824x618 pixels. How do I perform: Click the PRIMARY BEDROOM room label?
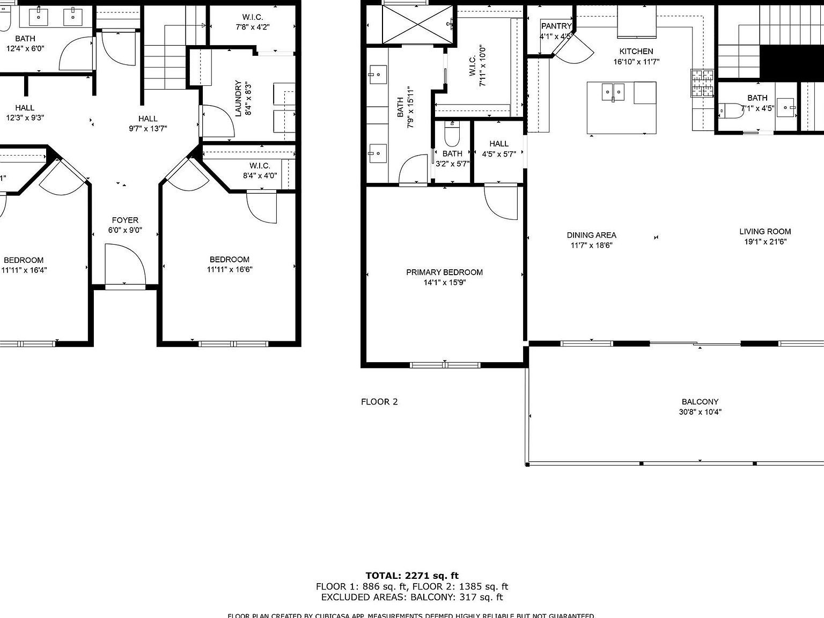coord(444,272)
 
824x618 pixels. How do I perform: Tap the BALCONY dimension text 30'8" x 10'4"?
coord(700,412)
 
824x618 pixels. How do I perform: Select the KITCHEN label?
coord(636,51)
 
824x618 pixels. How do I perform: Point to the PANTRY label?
coord(556,26)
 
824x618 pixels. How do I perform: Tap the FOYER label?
coord(125,220)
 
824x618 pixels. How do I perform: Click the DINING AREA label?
coord(591,235)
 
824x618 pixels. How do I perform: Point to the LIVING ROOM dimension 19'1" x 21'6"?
coord(765,241)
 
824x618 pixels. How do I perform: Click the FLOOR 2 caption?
coord(379,402)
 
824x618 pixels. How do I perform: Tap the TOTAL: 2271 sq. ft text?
coord(412,576)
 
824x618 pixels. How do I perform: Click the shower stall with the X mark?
coord(417,24)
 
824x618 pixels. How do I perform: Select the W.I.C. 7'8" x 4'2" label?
coord(252,21)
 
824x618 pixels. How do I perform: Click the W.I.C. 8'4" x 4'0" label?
coord(260,170)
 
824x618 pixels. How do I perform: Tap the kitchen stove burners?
coord(702,83)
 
